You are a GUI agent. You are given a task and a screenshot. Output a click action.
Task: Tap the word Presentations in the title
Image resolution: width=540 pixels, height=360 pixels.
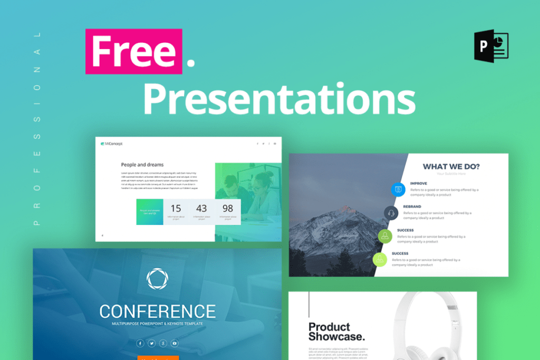coord(279,99)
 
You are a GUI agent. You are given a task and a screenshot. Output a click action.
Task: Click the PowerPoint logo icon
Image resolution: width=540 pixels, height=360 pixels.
coord(490,46)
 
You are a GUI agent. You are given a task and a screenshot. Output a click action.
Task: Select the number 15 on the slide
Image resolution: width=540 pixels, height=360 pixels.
coord(176,208)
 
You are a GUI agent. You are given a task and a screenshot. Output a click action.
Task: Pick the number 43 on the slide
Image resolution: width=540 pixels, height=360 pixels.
coord(201,208)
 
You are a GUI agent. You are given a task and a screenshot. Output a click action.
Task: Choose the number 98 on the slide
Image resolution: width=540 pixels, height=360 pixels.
coord(227,208)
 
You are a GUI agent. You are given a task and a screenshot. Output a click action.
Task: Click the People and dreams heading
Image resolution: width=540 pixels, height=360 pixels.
coord(142,164)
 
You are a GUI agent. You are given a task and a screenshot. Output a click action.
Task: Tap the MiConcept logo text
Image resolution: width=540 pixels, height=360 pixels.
coord(112,143)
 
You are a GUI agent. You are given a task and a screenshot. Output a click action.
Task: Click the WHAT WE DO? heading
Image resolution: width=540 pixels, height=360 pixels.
coord(451,167)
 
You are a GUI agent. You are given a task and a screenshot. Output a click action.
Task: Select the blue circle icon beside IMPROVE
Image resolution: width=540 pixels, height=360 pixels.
coord(398,189)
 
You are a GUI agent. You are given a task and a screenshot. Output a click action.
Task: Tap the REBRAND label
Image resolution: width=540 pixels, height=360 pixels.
coord(412,207)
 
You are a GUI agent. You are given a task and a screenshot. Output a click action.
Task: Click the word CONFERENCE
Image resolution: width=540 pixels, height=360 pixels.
coord(157,311)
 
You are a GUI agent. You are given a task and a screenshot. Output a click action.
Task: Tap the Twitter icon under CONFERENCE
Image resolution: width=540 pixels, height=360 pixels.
coord(151,343)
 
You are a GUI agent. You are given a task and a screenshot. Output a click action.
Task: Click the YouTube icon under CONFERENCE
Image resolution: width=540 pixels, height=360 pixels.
coord(175,343)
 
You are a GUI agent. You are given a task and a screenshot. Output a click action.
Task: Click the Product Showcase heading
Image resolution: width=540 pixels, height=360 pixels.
coord(336,332)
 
